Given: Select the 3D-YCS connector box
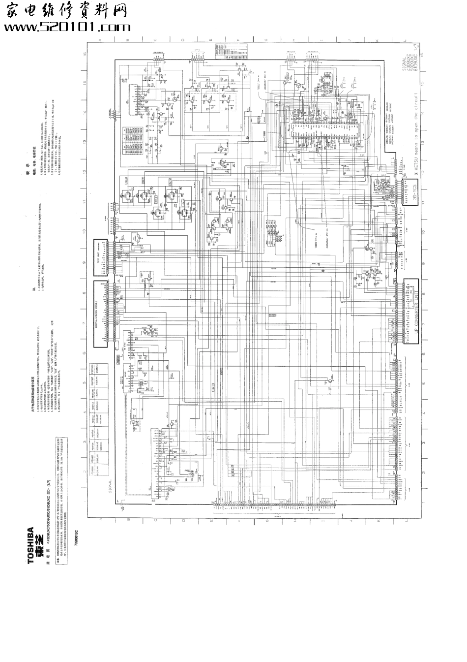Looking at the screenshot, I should [414, 192].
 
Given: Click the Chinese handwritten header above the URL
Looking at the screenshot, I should [66, 11].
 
